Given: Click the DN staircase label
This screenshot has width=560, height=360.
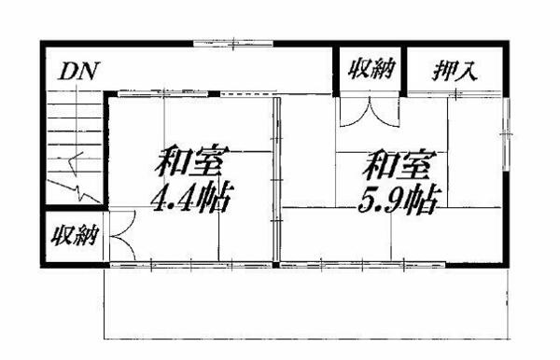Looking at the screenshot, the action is pyautogui.click(x=81, y=71).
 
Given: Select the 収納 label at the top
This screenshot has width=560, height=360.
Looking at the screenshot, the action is pyautogui.click(x=371, y=69).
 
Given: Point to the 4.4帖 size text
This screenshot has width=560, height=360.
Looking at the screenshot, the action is pyautogui.click(x=192, y=199).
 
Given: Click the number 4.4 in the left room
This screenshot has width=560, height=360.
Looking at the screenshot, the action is pyautogui.click(x=174, y=199).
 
